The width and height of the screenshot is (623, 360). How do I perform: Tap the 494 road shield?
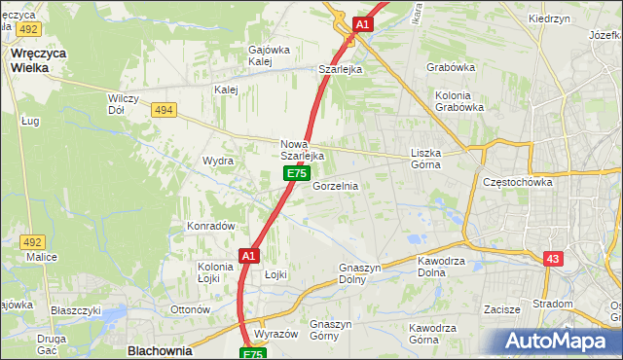pyautogui.click(x=164, y=110)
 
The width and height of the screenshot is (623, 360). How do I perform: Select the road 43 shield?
pyautogui.click(x=553, y=259)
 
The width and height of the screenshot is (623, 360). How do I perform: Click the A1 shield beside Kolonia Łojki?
pyautogui.click(x=247, y=255)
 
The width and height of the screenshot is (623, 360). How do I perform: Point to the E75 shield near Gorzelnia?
pyautogui.click(x=297, y=173)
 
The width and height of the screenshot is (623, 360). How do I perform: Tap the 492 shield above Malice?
pyautogui.click(x=32, y=242)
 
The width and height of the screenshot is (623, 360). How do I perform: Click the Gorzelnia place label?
pyautogui.click(x=336, y=186)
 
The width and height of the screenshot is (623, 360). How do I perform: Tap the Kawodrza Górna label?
pyautogui.click(x=435, y=334)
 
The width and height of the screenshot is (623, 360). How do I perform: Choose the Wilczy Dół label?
pyautogui.click(x=125, y=104)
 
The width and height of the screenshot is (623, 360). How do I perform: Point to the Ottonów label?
pyautogui.click(x=190, y=309)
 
